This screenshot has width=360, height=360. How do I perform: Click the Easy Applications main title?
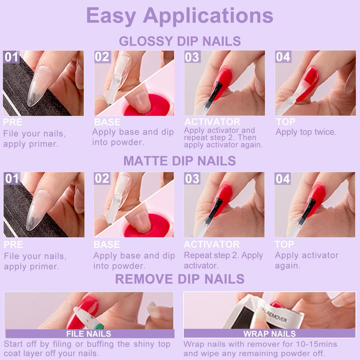[180, 16]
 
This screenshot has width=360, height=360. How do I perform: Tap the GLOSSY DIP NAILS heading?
[180, 41]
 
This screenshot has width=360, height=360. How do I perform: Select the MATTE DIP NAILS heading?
[180, 161]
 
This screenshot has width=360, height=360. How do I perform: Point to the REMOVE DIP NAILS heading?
[180, 279]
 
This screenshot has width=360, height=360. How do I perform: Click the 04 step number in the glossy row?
[283, 57]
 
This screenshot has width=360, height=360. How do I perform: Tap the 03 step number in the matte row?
[192, 179]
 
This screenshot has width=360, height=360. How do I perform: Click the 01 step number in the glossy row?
[11, 57]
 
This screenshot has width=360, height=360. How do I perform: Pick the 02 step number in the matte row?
[102, 179]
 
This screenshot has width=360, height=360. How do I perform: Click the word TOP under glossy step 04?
[285, 122]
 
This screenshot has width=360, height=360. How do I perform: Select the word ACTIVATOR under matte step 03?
[211, 244]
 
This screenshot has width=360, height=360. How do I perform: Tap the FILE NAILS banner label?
[89, 333]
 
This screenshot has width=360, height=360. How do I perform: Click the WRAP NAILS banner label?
[270, 333]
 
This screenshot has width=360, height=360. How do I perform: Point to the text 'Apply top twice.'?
[306, 132]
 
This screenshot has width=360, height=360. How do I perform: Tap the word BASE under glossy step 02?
[107, 122]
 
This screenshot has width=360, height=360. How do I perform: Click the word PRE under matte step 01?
[13, 245]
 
